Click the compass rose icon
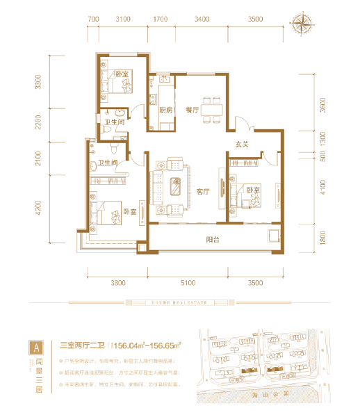tap(304, 24)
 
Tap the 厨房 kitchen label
tap(165, 110)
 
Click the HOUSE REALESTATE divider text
tap(180, 302)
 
